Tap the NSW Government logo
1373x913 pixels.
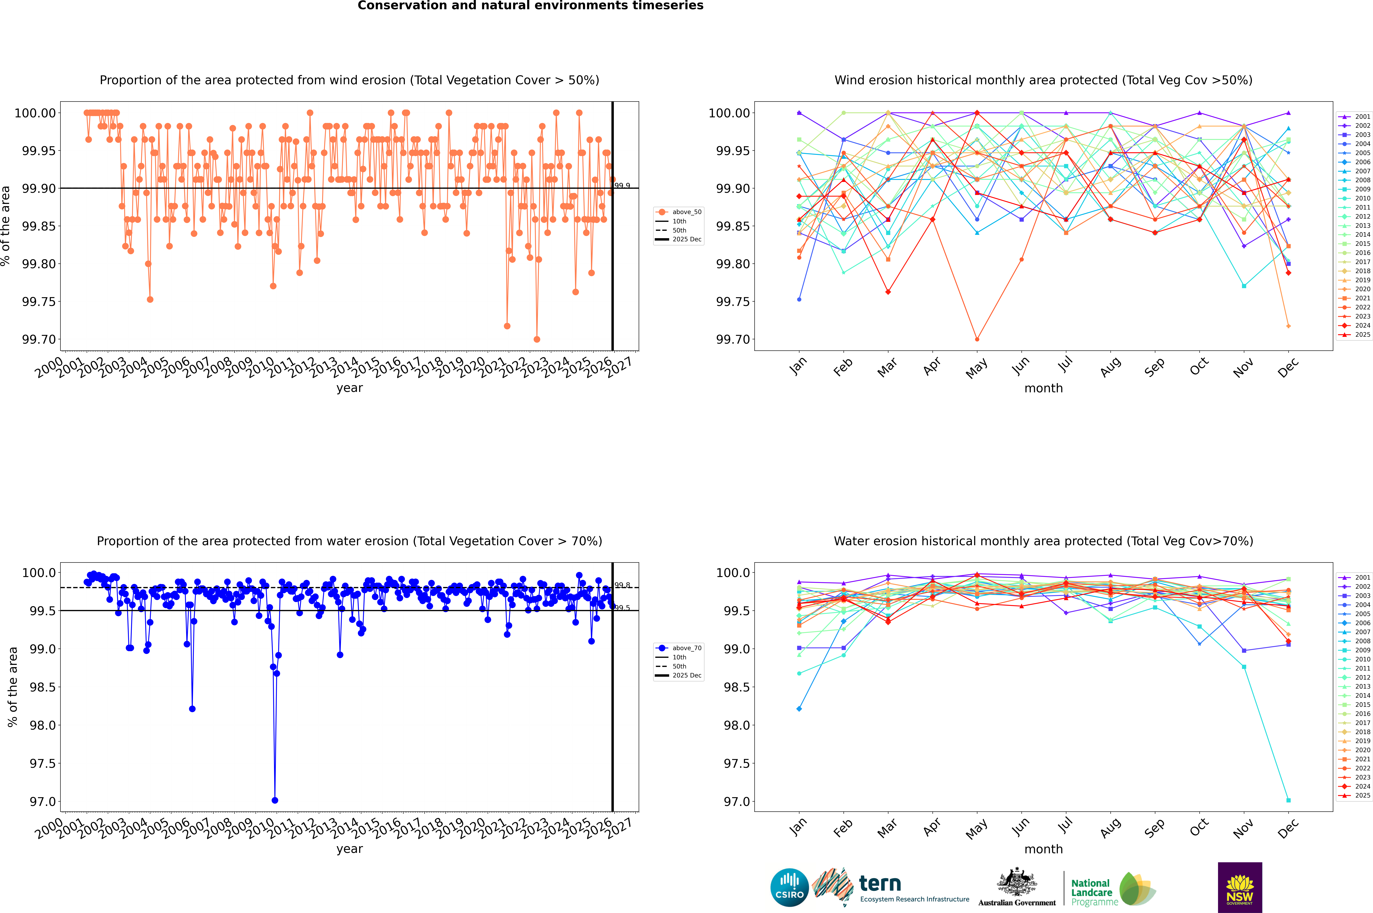[1240, 887]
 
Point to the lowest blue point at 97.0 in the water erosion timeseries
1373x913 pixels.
[275, 800]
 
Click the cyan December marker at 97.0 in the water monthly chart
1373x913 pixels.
[1288, 800]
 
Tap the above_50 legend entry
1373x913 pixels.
[679, 212]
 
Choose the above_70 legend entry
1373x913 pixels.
[679, 648]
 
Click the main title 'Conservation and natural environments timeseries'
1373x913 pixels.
[530, 6]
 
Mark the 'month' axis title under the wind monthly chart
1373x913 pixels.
[1043, 388]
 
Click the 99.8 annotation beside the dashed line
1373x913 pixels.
[622, 585]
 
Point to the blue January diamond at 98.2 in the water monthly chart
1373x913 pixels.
[799, 709]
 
